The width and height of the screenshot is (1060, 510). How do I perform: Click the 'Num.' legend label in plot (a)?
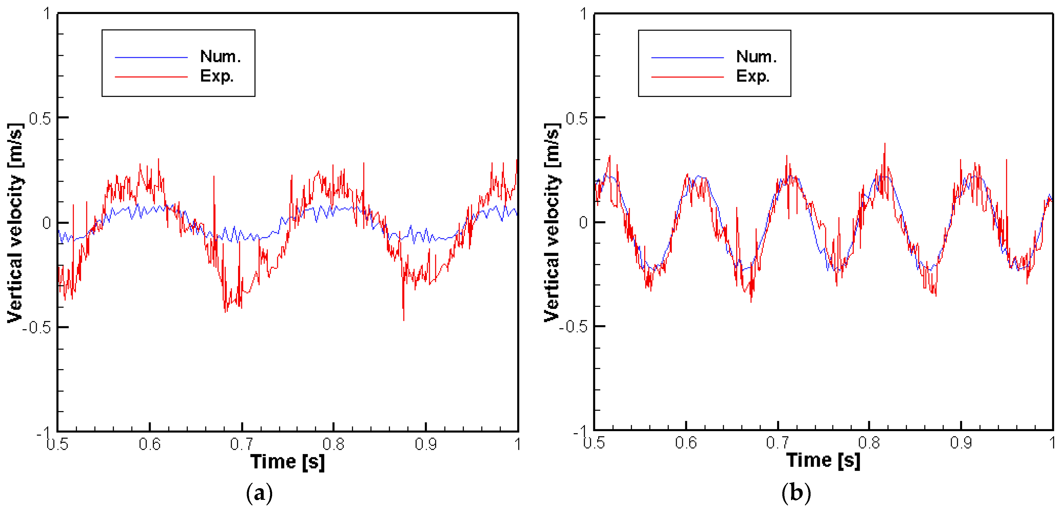[x=220, y=57]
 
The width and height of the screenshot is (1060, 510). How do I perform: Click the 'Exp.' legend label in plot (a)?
[x=217, y=77]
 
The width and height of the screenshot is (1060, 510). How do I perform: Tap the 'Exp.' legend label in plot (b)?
[x=753, y=77]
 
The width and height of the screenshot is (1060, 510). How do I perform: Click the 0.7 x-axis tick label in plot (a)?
[x=241, y=444]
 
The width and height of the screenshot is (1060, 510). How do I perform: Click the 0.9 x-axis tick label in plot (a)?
[x=425, y=444]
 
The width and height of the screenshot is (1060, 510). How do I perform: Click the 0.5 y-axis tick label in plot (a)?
[x=40, y=119]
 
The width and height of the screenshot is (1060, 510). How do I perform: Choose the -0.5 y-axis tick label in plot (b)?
[x=573, y=327]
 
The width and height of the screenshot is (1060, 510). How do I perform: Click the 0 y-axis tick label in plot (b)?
[x=583, y=222]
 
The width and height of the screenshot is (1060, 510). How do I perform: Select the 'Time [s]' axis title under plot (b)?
[x=823, y=460]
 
